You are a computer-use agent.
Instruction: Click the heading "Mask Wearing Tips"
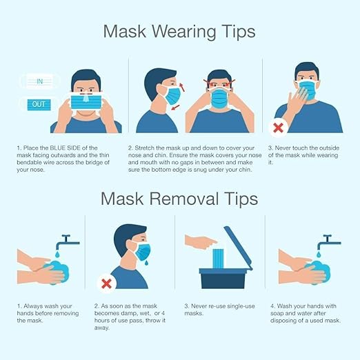[179, 32]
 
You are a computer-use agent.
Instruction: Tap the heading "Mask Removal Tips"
[179, 199]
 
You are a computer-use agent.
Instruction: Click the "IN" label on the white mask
[40, 81]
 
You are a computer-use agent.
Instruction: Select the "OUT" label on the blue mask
[38, 105]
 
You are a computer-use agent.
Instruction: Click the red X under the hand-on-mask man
[279, 127]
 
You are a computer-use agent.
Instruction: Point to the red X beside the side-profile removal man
[107, 283]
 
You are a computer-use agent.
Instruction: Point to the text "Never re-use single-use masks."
[221, 310]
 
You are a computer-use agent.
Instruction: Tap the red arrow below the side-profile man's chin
[172, 108]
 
